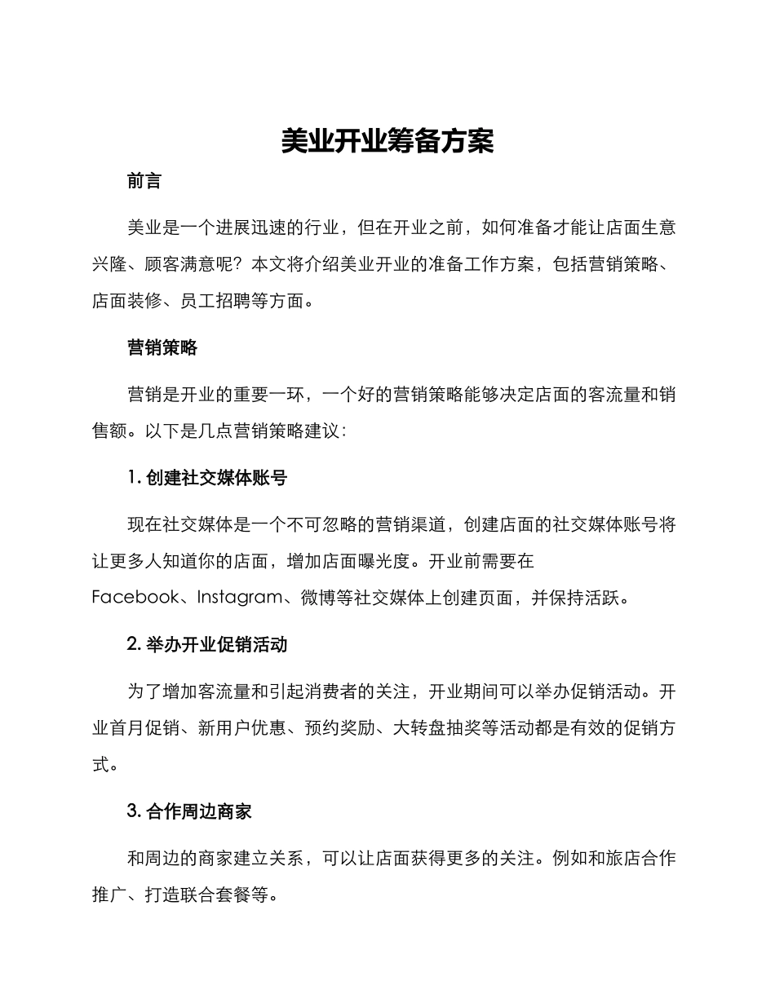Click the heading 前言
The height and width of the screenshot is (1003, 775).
(144, 182)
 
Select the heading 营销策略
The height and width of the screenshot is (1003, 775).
(162, 348)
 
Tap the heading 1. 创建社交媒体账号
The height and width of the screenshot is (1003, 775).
(207, 479)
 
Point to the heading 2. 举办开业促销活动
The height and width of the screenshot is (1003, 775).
(207, 645)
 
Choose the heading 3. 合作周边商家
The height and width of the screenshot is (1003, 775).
(189, 811)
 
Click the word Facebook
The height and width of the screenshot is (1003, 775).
(135, 598)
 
